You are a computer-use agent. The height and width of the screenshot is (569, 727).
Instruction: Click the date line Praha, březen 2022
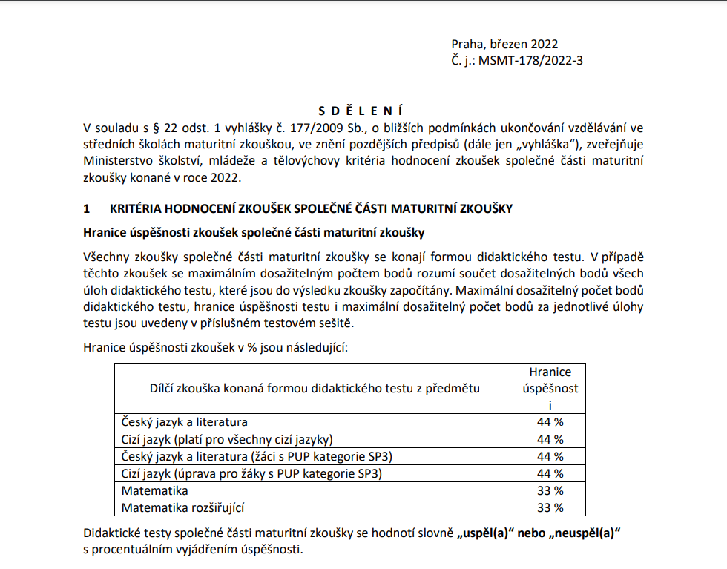point(504,45)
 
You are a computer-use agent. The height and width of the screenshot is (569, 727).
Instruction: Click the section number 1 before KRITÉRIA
point(87,209)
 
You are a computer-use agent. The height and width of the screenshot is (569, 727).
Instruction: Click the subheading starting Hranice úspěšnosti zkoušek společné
point(254,233)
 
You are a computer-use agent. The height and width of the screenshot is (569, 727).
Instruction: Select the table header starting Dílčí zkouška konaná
point(315,388)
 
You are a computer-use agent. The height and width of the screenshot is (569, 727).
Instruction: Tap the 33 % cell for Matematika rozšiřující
point(550,507)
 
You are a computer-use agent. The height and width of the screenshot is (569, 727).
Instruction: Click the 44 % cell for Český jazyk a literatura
point(550,422)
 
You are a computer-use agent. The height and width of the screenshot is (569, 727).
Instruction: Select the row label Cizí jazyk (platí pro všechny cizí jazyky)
point(227,439)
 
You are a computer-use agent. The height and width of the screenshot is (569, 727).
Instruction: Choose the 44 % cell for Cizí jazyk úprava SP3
point(550,473)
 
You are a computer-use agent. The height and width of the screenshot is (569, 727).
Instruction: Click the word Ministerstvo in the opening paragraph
point(119,161)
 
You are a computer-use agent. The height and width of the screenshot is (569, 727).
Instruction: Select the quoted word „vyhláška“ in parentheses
point(533,145)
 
